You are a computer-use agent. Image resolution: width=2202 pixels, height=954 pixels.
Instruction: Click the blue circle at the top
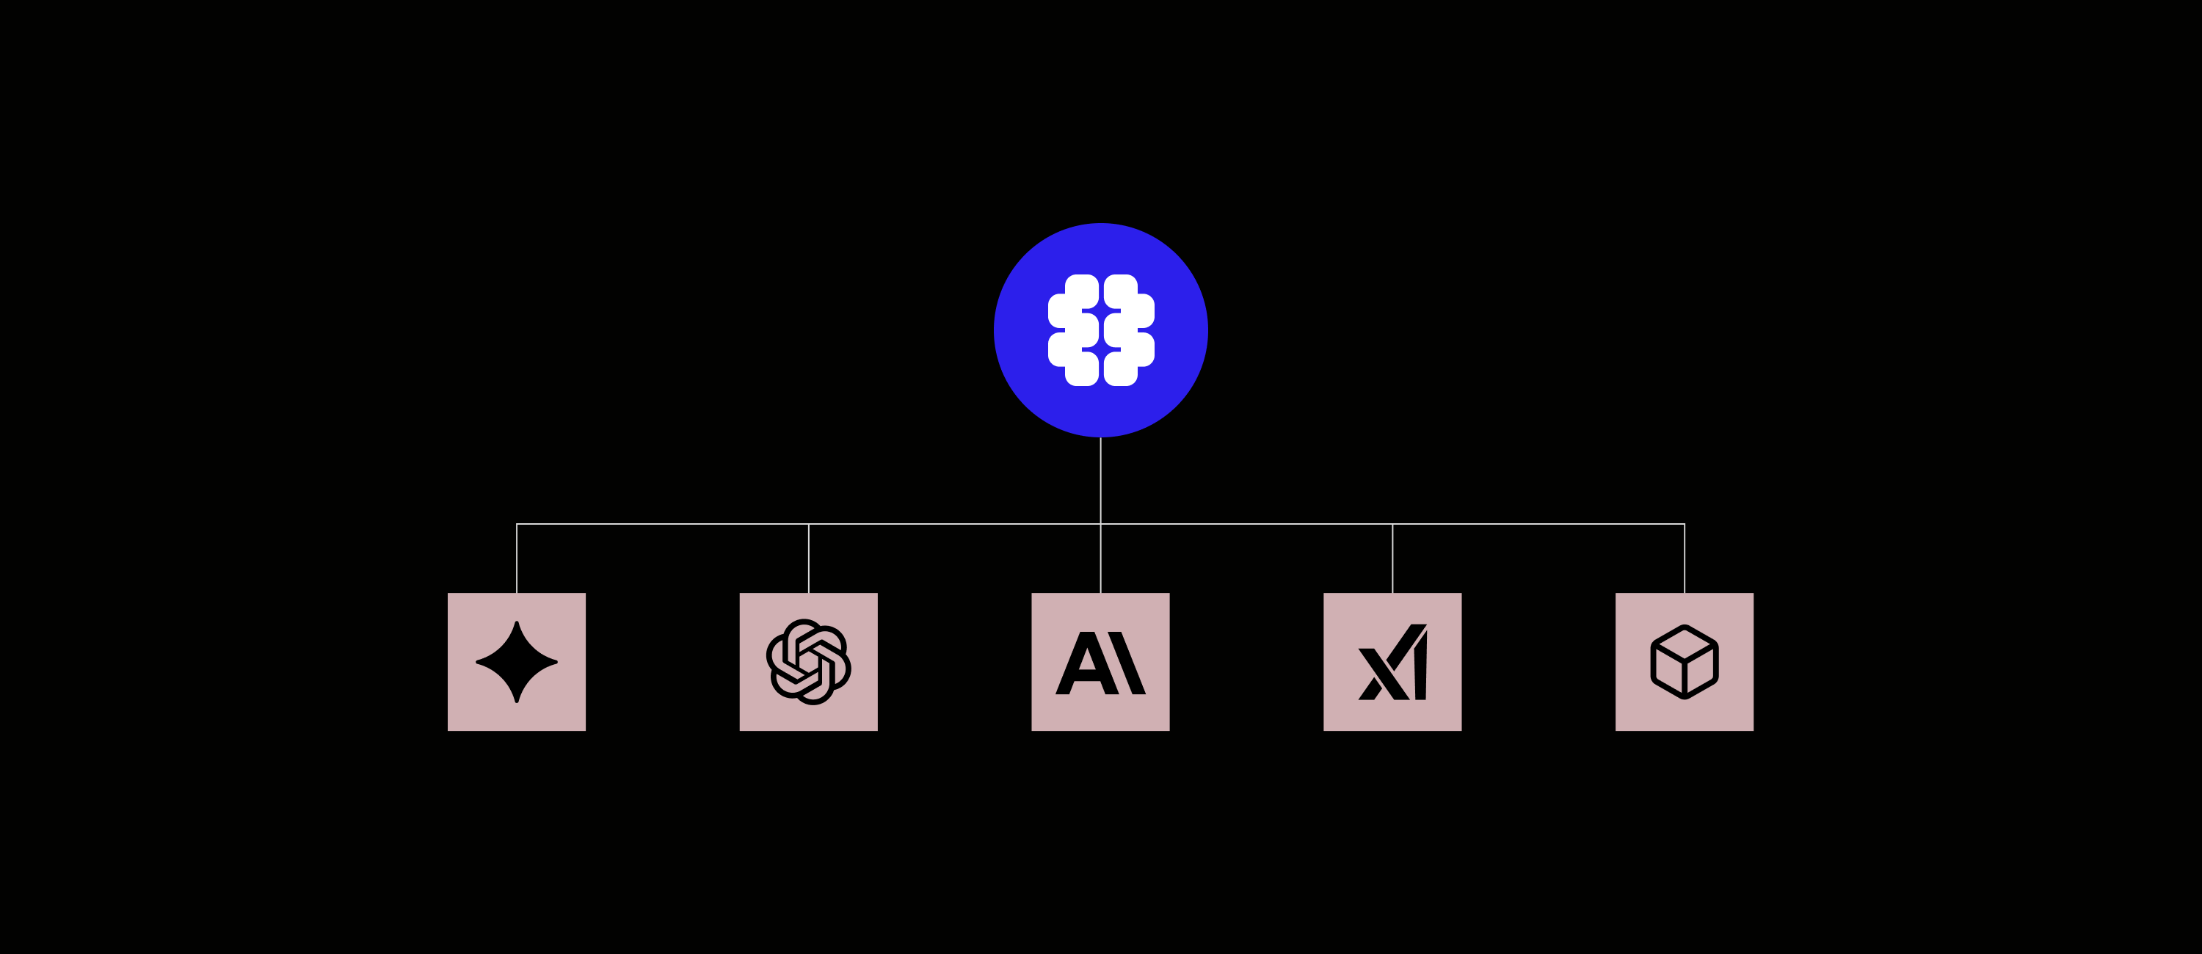pyautogui.click(x=1101, y=248)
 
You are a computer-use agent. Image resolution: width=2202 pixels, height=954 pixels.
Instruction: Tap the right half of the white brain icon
pyautogui.click(x=1126, y=330)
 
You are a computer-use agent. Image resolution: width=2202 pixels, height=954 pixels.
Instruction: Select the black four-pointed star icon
pyautogui.click(x=516, y=662)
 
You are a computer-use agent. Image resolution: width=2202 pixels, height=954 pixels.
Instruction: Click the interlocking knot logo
pyautogui.click(x=808, y=662)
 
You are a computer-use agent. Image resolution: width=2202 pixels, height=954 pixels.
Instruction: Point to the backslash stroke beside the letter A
pyautogui.click(x=1127, y=663)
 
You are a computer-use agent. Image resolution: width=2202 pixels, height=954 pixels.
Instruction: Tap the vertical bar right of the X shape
pyautogui.click(x=1420, y=671)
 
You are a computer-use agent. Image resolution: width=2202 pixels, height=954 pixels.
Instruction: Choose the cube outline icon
pyautogui.click(x=1684, y=662)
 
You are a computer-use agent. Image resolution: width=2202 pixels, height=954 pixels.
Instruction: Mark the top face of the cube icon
pyautogui.click(x=1684, y=642)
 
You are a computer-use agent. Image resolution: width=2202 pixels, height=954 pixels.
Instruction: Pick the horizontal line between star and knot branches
pyautogui.click(x=663, y=524)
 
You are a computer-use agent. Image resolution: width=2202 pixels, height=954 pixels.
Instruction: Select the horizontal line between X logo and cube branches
pyautogui.click(x=1538, y=524)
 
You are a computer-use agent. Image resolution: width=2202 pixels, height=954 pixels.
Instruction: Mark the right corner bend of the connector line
pyautogui.click(x=1685, y=524)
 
